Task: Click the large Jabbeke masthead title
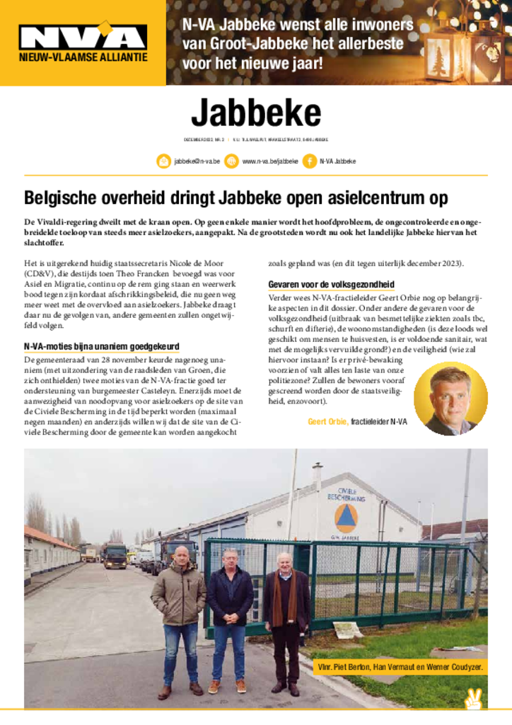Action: pyautogui.click(x=255, y=113)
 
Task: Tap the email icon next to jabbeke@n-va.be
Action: pyautogui.click(x=163, y=161)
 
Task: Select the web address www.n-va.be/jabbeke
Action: pyautogui.click(x=269, y=161)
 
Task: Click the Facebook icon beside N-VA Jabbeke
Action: pyautogui.click(x=309, y=161)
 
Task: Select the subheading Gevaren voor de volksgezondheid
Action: pyautogui.click(x=331, y=285)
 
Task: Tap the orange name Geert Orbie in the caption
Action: pyautogui.click(x=328, y=423)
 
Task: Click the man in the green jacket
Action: pyautogui.click(x=179, y=616)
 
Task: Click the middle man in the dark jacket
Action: pyautogui.click(x=231, y=616)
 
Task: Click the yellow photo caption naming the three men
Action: pyautogui.click(x=400, y=667)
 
